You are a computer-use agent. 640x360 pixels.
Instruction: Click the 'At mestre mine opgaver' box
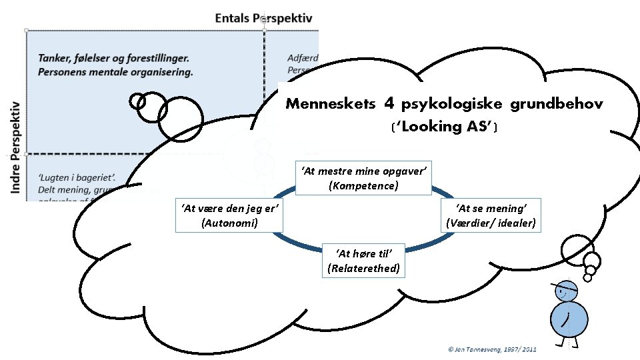(363, 178)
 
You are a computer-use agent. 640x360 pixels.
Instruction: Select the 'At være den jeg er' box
(229, 215)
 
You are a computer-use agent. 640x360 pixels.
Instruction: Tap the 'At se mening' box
(491, 215)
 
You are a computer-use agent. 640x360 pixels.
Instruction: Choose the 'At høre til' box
(363, 260)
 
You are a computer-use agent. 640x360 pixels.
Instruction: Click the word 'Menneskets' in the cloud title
(330, 104)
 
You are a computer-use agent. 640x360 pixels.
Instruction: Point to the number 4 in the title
(391, 103)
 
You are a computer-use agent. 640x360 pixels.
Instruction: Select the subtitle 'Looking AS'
(445, 127)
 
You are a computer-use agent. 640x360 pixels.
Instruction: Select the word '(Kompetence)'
(363, 185)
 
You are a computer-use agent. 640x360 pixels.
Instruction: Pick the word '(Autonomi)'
(229, 223)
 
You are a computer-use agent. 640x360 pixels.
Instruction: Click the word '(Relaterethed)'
(363, 268)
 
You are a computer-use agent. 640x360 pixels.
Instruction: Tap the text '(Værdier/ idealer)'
(491, 223)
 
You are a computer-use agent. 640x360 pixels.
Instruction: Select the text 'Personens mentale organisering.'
(115, 72)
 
